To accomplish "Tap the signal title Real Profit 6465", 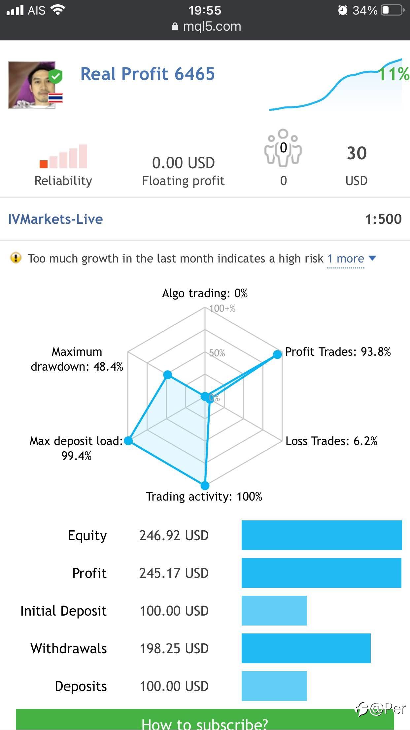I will point(148,74).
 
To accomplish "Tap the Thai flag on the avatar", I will point(55,98).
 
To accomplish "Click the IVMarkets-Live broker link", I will point(55,219).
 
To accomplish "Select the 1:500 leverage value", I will point(383,219).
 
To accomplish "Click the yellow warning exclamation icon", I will point(16,258).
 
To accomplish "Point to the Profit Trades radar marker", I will point(277,354).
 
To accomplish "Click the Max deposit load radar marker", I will point(128,440).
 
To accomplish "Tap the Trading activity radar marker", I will point(205,485).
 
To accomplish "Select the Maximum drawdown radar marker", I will point(168,375).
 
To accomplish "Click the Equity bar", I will point(322,535).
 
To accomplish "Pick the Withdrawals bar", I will point(306,648).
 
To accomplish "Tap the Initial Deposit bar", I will point(274,611).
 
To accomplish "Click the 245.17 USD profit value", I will point(174,573).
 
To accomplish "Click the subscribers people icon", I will point(283,147).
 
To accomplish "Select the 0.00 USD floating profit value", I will point(183,163).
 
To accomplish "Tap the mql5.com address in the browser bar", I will point(212,26).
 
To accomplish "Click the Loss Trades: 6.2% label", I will point(331,441).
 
